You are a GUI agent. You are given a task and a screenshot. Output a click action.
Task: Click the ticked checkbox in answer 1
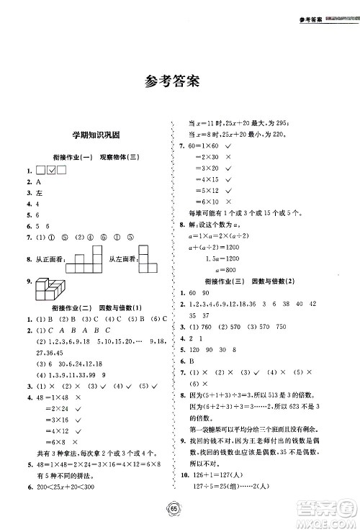tap(50, 170)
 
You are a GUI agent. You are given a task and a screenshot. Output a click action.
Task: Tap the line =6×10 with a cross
tap(208, 202)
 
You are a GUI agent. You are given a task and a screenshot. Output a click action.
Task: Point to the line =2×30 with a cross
tap(208, 157)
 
